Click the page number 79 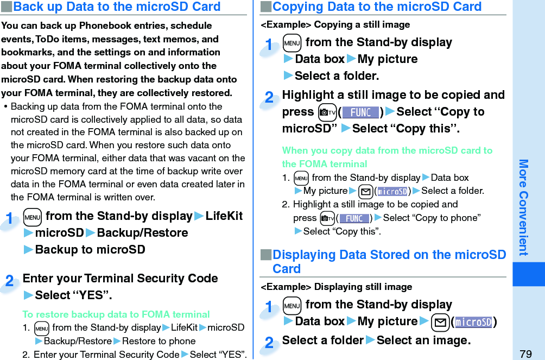525,353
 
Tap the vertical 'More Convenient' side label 523,207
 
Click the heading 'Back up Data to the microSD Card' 116,7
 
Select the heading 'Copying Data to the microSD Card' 377,7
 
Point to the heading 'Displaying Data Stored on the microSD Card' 388,261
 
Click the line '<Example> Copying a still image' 335,24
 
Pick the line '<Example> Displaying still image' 337,287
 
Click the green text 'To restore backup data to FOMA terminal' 116,314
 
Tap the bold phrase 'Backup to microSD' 90,249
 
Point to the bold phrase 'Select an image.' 423,340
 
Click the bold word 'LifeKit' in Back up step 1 224,216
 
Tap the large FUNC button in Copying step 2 360,112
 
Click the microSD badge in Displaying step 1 474,322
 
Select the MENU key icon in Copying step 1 291,43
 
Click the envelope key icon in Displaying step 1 439,322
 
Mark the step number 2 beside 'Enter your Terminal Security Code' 10,281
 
